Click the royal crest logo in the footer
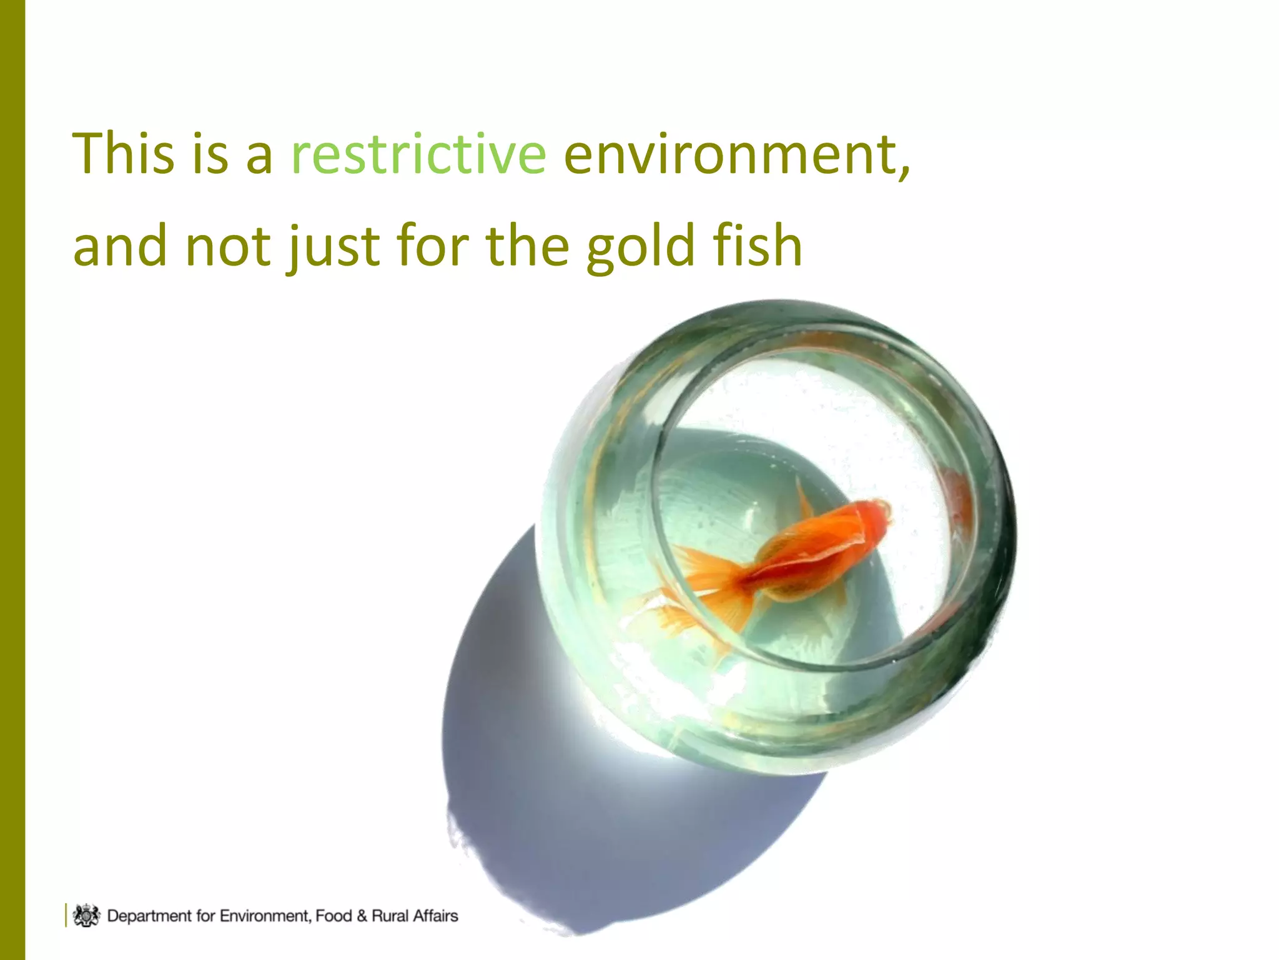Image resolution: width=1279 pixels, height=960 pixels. [86, 915]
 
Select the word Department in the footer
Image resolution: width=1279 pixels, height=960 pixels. [149, 916]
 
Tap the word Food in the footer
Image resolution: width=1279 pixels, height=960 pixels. [333, 916]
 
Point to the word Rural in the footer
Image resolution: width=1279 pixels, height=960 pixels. [390, 916]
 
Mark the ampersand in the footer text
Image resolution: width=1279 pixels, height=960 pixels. [362, 916]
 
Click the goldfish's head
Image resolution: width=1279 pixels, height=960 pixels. [871, 519]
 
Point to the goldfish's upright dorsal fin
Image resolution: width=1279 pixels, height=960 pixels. [804, 500]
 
